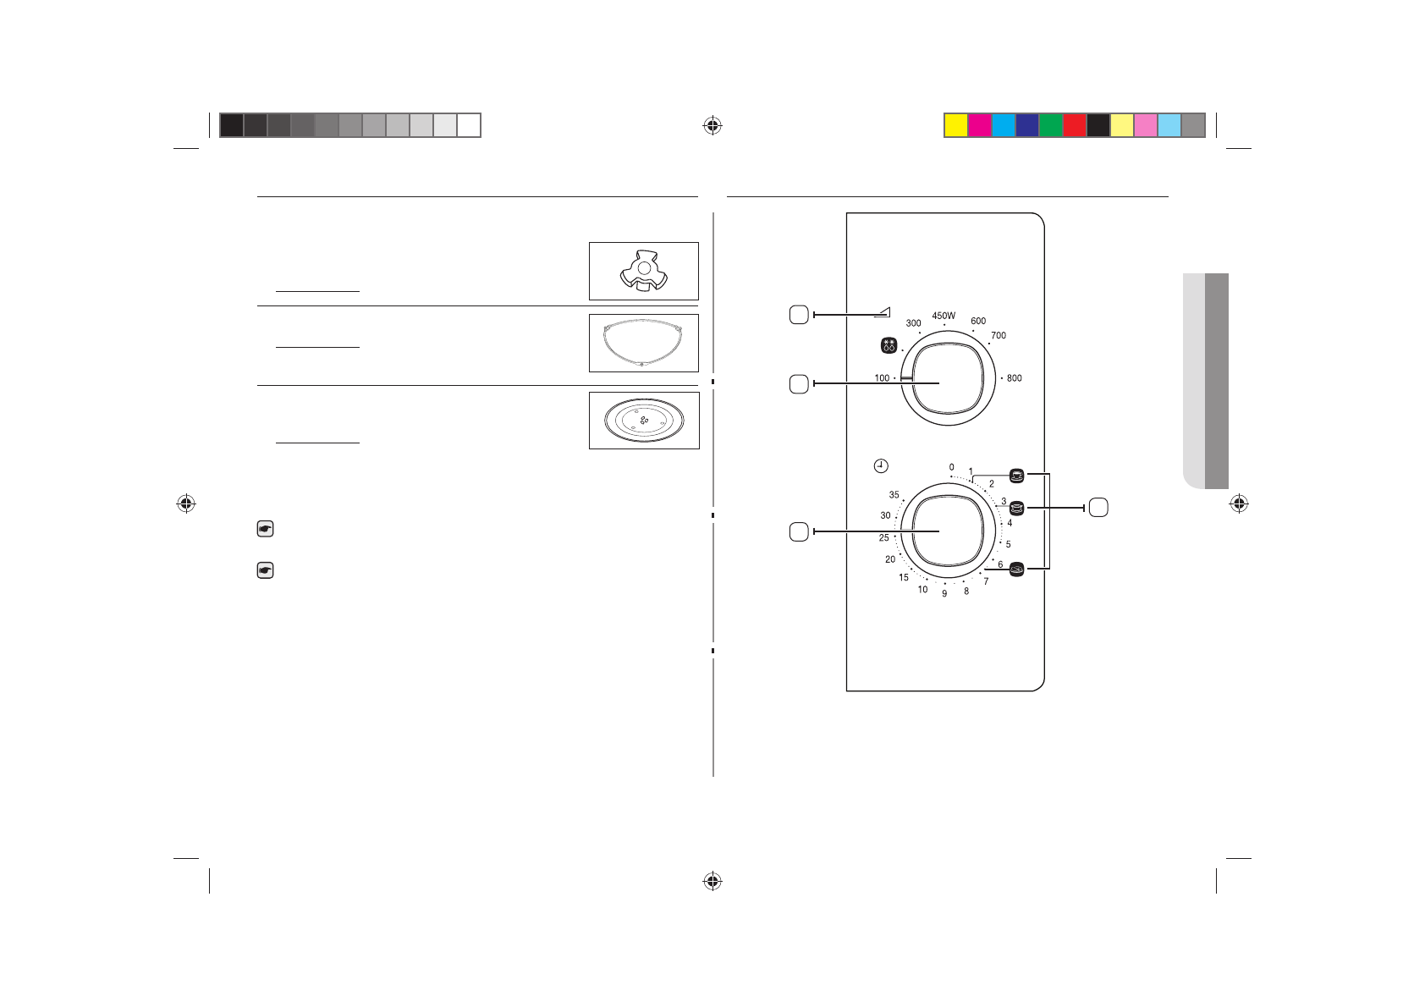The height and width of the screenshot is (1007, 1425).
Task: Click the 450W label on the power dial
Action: pos(944,316)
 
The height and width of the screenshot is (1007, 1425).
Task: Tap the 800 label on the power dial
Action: pos(1014,378)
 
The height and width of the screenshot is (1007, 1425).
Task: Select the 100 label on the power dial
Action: pos(882,378)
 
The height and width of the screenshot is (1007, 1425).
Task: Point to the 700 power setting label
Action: pos(999,335)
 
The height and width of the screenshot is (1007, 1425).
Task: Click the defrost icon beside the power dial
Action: pos(889,345)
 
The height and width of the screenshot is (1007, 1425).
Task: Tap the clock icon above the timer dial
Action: pos(880,466)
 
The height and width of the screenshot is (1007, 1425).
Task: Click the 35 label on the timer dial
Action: pos(894,494)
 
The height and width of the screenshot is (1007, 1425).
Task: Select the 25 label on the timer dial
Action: pos(883,537)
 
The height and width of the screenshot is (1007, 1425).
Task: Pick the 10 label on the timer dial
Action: pos(922,590)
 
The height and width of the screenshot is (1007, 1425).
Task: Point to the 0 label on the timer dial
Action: pos(952,468)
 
